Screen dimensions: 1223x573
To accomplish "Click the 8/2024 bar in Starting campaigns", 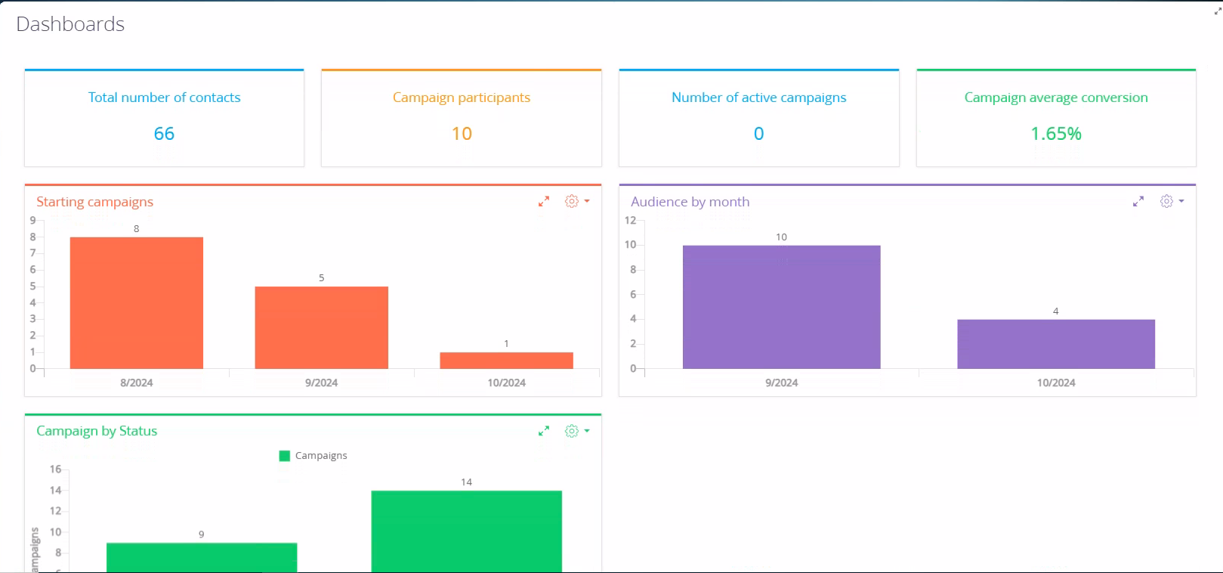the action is [137, 302].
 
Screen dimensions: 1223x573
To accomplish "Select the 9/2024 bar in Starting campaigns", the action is [322, 327].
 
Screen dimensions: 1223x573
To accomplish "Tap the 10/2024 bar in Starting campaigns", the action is [507, 361].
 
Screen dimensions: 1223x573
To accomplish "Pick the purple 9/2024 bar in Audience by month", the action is [781, 307].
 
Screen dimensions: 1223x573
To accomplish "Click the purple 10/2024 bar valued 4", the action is [1056, 344].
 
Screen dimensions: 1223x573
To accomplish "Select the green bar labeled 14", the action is [466, 531].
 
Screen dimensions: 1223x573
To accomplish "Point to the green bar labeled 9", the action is [202, 558].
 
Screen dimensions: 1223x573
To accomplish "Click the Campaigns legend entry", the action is [313, 456].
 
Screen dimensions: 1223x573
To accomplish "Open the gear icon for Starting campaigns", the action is [572, 201].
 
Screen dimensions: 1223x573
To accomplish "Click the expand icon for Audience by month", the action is [1138, 201].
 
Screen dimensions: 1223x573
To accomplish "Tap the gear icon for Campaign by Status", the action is [572, 431].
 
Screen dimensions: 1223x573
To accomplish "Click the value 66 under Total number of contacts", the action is [164, 133].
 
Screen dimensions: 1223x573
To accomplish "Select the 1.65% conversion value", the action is [1056, 133].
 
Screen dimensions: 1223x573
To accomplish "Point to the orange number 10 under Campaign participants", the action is [462, 133].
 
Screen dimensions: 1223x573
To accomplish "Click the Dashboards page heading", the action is [70, 24].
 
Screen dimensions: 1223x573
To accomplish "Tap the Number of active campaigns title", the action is [759, 98].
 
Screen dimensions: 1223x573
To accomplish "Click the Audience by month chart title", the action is [690, 202].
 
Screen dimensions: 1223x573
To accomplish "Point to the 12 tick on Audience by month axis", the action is [630, 220].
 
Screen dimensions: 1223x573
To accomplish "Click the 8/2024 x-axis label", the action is [137, 383].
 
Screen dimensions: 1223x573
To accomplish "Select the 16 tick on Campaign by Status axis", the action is [55, 469].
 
